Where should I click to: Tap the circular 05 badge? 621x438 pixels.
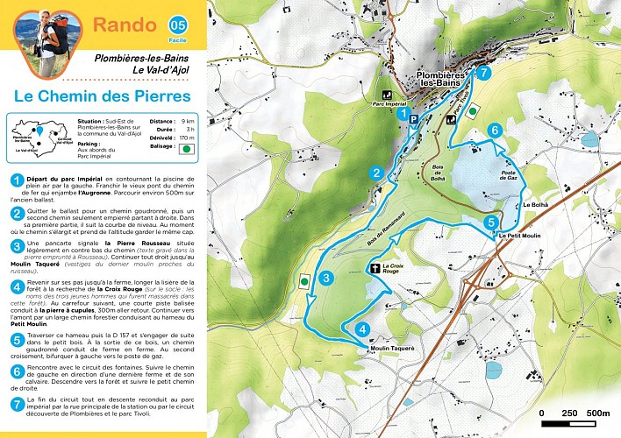tap(178, 24)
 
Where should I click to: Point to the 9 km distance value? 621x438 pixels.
tap(188, 122)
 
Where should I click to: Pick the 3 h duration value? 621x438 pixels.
tap(188, 130)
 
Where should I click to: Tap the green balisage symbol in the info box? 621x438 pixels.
tap(187, 148)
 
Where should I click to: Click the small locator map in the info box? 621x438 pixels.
tap(38, 138)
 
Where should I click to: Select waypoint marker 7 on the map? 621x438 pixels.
tap(483, 73)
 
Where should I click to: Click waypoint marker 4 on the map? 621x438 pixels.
tap(363, 329)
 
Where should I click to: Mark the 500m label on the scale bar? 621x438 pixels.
tap(597, 413)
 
